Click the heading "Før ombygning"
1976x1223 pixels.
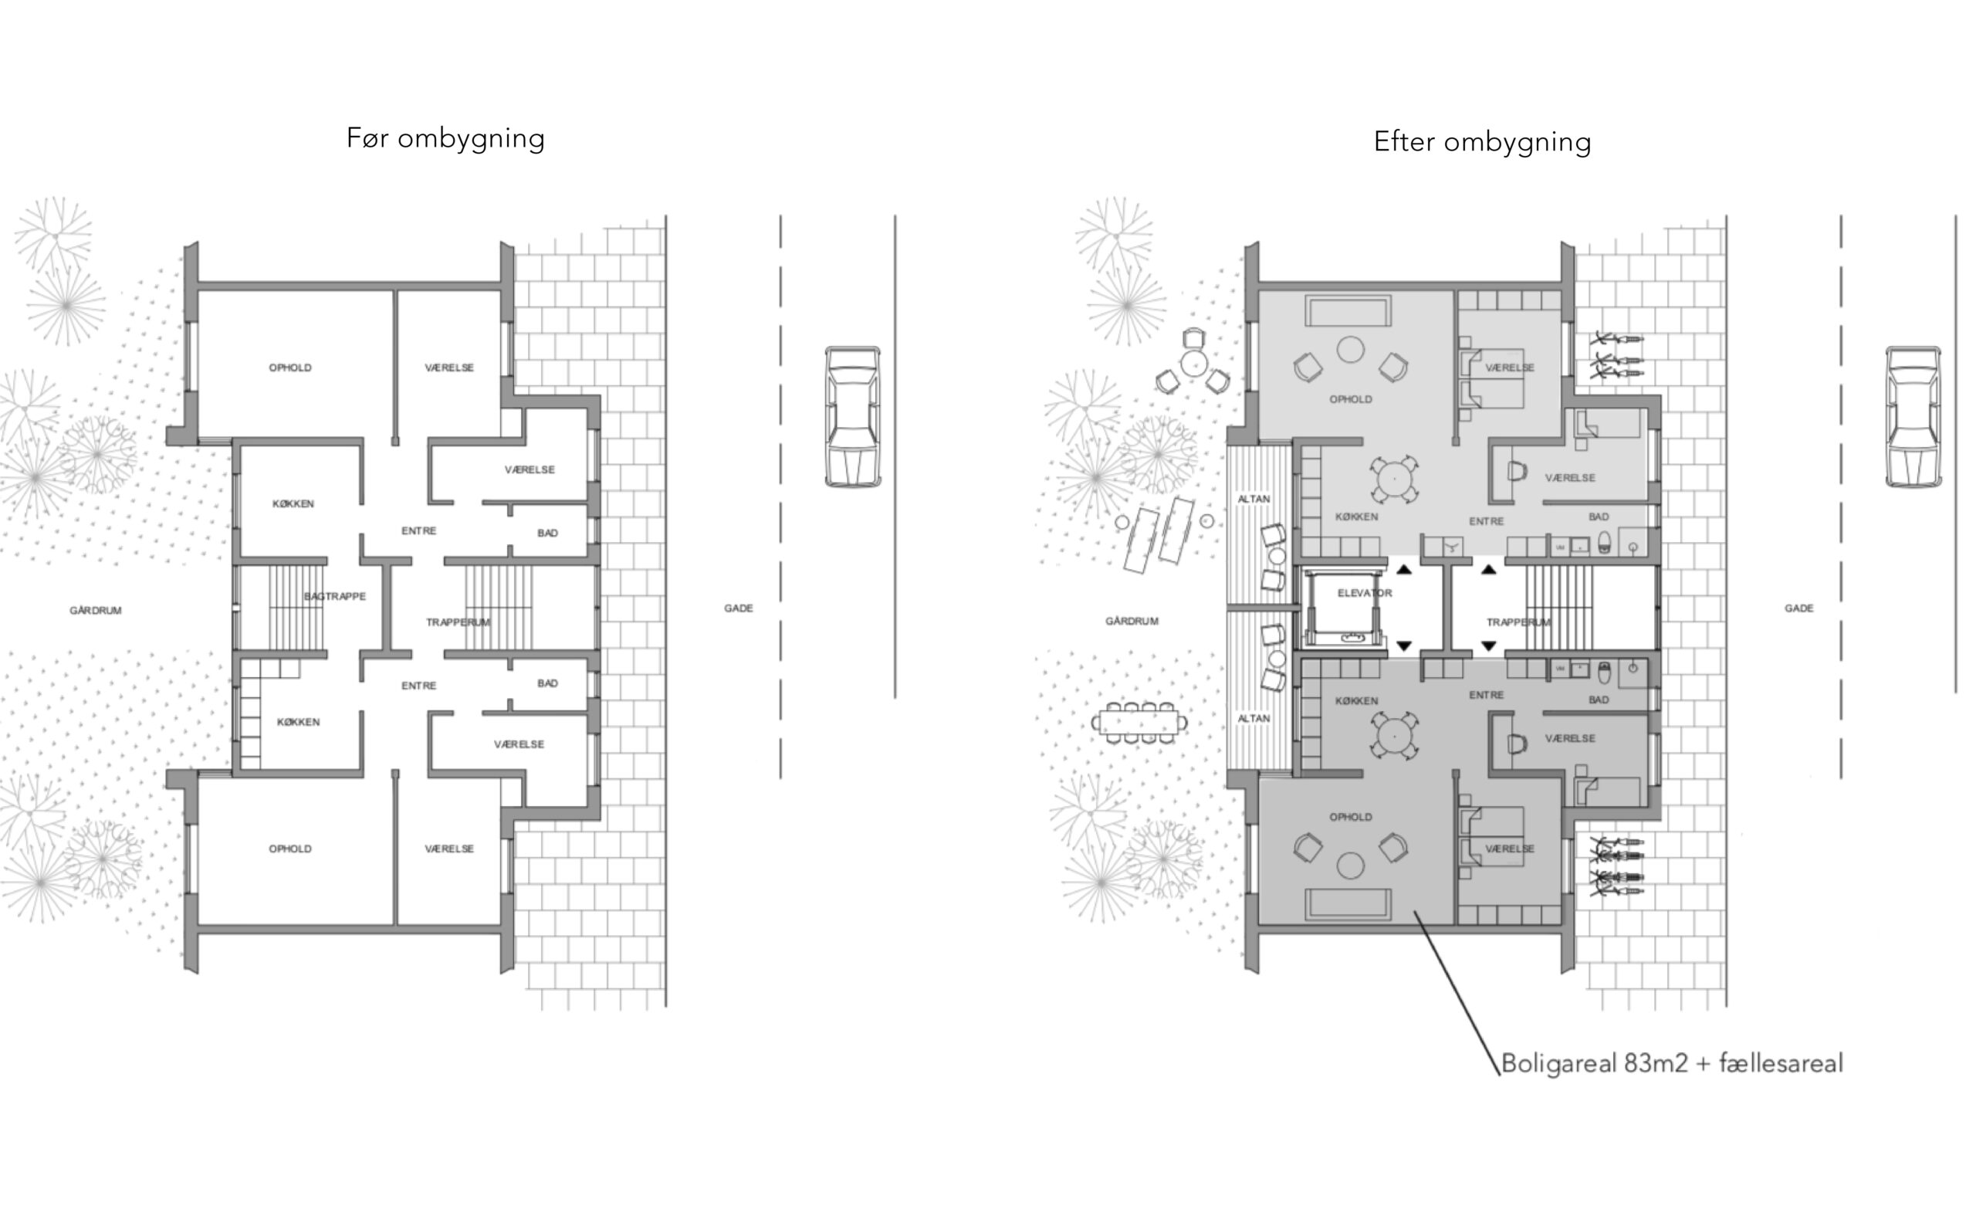445,138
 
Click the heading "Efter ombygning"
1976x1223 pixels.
1482,141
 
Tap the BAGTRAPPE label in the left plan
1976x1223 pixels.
335,596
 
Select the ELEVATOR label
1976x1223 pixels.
1365,593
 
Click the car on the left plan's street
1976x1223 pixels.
852,417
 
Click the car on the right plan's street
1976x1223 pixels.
1913,417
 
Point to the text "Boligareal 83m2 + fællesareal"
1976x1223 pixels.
1672,1063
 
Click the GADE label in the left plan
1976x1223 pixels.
738,608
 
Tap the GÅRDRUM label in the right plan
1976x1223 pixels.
1132,622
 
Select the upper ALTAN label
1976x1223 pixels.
1254,499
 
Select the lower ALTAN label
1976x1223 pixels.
1254,718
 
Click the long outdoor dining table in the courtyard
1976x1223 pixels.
1139,721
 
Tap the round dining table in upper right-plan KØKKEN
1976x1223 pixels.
1395,479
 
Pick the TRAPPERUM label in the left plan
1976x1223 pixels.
458,622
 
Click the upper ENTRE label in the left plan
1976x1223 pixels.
419,530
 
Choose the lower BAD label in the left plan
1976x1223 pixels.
547,683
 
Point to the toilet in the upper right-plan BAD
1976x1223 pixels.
1604,544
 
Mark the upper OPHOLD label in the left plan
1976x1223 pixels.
290,368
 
